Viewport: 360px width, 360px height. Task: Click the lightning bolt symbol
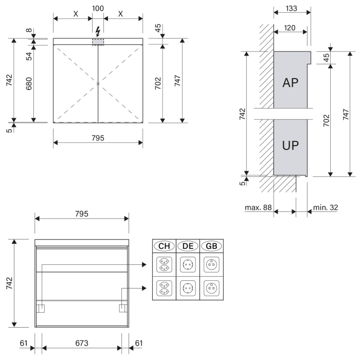(x=98, y=30)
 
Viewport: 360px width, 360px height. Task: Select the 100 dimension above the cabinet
(x=98, y=9)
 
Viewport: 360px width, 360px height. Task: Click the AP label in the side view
(x=291, y=83)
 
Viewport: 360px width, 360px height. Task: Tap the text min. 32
(x=325, y=208)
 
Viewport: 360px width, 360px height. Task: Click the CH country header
(x=164, y=246)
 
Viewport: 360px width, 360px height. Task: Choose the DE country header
(x=188, y=246)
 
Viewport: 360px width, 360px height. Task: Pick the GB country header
(x=211, y=246)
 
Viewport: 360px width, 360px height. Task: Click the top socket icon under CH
(x=164, y=265)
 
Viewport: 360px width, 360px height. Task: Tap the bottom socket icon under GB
(x=211, y=288)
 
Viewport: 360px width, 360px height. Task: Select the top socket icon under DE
(x=188, y=265)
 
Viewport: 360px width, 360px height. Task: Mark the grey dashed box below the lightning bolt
(x=98, y=42)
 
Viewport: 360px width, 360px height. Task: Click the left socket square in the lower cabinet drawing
(x=41, y=308)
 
